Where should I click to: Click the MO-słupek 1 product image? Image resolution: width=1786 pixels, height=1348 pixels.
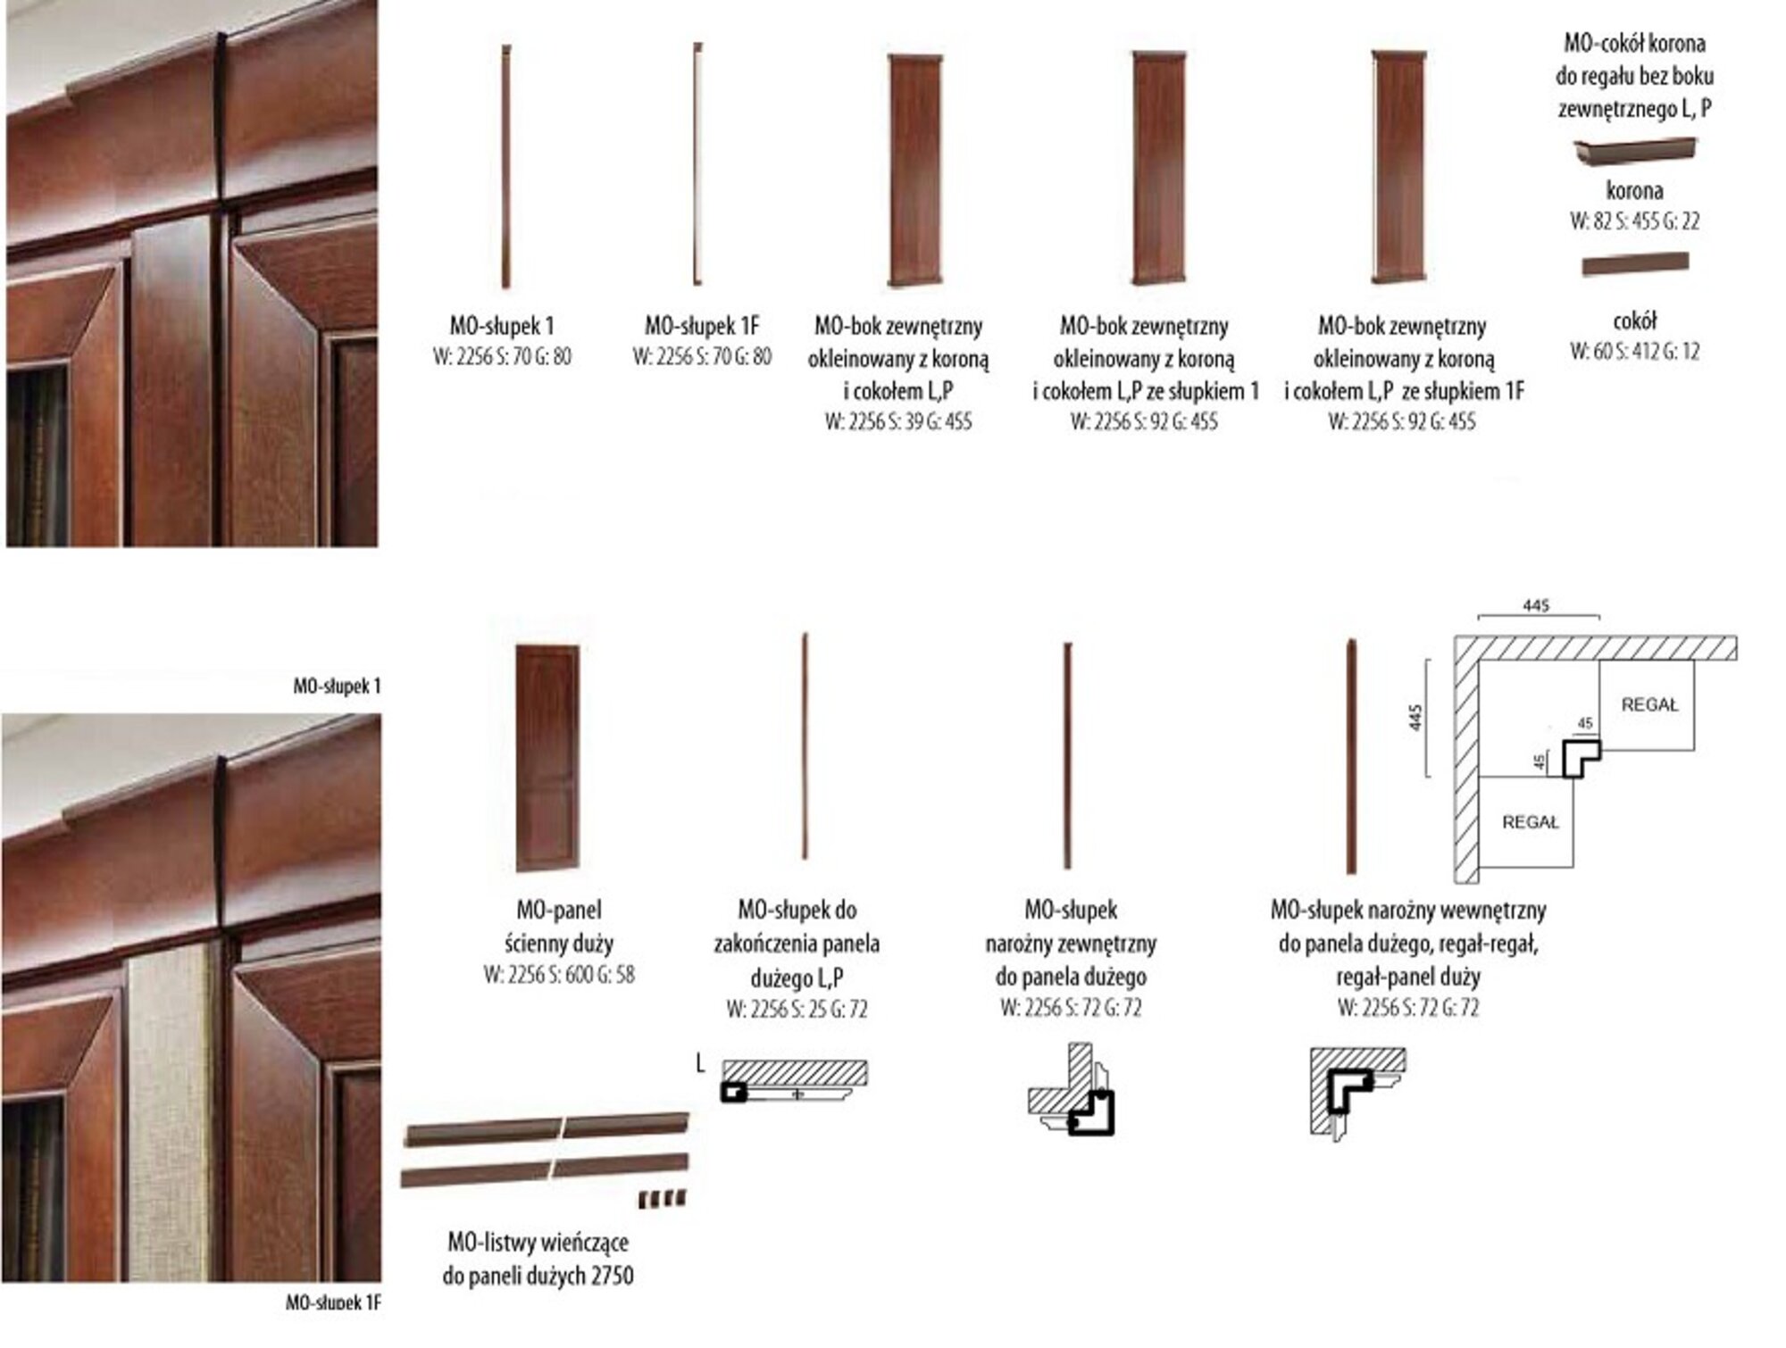(x=505, y=166)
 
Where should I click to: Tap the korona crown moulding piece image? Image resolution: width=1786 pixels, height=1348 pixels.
(x=1634, y=149)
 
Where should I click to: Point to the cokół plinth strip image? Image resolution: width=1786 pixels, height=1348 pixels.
(x=1635, y=264)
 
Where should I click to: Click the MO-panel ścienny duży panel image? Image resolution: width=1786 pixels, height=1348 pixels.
(x=547, y=757)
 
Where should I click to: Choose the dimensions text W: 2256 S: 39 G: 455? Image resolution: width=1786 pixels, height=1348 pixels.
(x=897, y=421)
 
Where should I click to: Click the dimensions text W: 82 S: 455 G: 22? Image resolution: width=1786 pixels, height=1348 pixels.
(x=1634, y=221)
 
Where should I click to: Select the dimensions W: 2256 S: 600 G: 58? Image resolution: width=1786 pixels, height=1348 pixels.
(x=559, y=974)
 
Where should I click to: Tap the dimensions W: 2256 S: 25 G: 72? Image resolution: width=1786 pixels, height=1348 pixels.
(x=797, y=1009)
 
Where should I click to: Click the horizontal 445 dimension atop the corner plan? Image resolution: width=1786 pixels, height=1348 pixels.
(x=1536, y=606)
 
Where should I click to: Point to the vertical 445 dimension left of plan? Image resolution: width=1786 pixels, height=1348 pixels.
(x=1415, y=716)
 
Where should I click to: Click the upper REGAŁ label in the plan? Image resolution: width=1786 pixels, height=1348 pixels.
(x=1649, y=704)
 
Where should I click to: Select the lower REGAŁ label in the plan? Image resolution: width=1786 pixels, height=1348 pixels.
(x=1530, y=821)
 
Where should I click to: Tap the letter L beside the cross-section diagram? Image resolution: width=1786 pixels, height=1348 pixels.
(x=701, y=1063)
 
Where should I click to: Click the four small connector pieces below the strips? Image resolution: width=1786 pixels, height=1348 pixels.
(x=663, y=1199)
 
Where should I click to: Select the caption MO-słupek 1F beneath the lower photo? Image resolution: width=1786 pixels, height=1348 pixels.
(x=333, y=1302)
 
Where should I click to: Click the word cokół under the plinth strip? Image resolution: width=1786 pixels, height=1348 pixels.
(x=1635, y=320)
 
